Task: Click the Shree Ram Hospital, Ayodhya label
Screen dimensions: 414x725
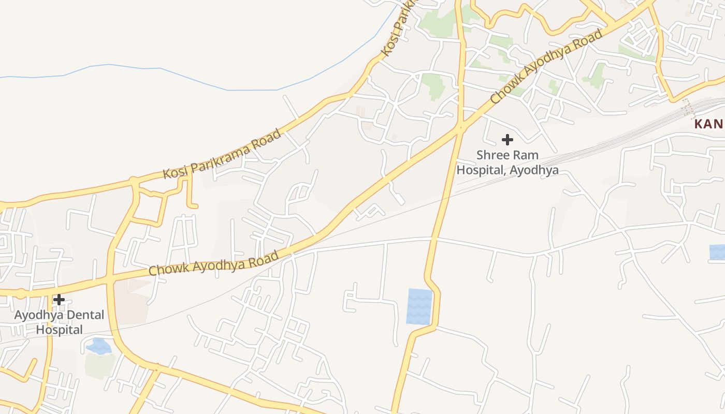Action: (x=507, y=162)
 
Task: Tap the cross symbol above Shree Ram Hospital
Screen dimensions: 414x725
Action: (x=508, y=139)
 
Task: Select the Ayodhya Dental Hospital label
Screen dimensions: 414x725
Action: (x=59, y=322)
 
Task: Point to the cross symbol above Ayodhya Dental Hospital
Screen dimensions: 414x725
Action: (x=59, y=299)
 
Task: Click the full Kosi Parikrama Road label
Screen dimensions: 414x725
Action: (x=223, y=154)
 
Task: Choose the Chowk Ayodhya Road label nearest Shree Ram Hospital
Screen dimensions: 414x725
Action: (x=546, y=66)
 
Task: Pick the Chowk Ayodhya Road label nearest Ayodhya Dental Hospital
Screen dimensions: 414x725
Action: (x=214, y=263)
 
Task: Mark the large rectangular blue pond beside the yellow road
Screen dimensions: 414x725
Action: (x=419, y=306)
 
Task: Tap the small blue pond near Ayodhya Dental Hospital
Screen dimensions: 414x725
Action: (x=99, y=346)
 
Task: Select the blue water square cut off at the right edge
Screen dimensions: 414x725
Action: (x=717, y=252)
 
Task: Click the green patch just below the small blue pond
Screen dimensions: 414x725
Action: (x=99, y=365)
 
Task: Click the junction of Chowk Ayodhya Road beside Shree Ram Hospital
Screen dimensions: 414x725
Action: (x=460, y=126)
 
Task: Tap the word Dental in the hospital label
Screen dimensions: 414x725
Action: (x=86, y=315)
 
